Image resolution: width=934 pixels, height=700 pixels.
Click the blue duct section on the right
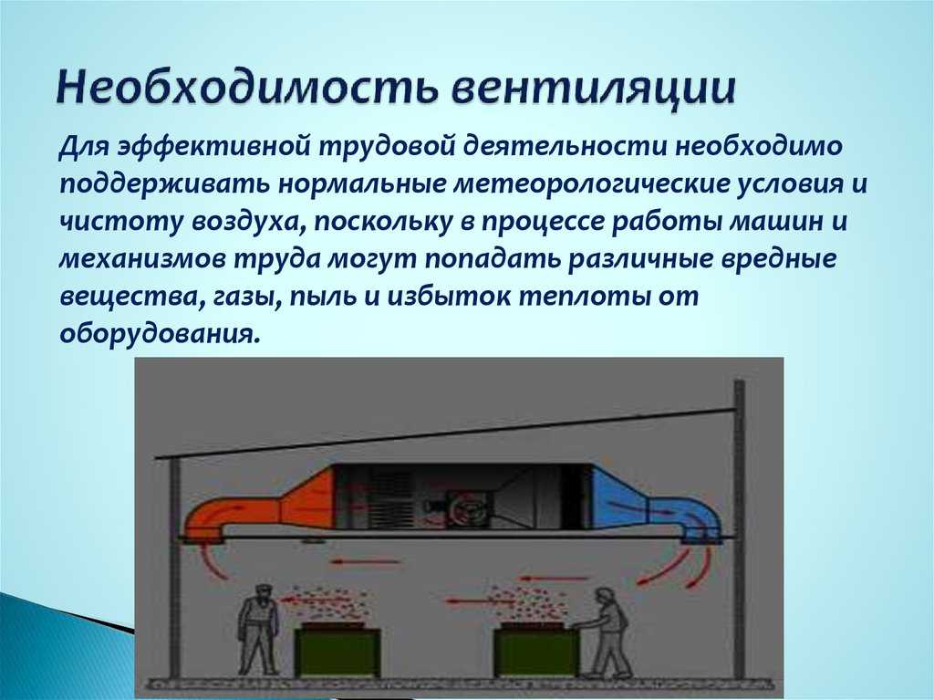655,506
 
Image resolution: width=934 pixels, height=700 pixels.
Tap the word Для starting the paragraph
83,147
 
